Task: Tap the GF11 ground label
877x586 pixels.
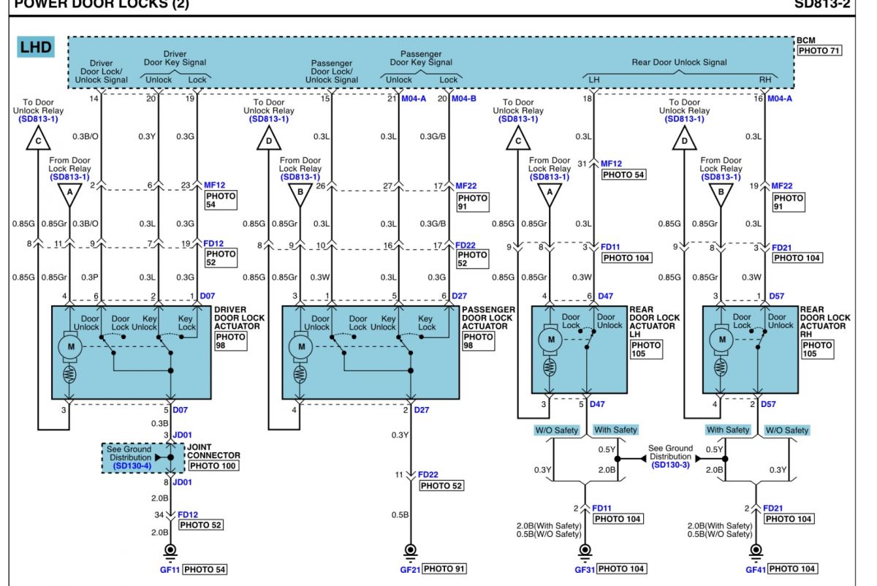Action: (x=169, y=568)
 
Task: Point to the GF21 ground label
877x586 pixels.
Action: (x=409, y=568)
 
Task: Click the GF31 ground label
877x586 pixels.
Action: (x=583, y=568)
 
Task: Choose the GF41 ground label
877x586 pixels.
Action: (x=756, y=568)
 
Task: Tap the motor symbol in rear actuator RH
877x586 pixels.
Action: (x=723, y=340)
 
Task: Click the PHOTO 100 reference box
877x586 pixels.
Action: (x=213, y=465)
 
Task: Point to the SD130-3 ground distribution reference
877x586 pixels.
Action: (x=671, y=465)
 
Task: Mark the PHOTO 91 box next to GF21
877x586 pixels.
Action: (x=444, y=568)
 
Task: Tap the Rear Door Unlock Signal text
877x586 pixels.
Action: (x=679, y=62)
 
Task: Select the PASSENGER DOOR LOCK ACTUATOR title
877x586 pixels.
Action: (x=488, y=318)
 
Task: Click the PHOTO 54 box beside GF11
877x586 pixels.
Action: (x=203, y=568)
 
